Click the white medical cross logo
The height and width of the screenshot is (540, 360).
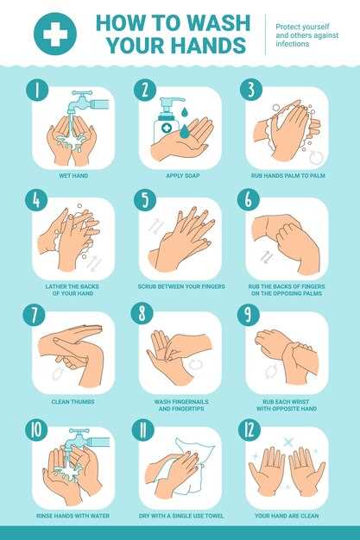click(55, 34)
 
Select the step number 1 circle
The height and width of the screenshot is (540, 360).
click(37, 90)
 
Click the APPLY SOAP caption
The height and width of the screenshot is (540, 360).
click(183, 176)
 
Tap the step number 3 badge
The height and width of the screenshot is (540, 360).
click(251, 89)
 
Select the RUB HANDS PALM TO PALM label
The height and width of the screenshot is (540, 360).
click(288, 176)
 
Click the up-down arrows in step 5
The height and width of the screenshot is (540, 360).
click(155, 226)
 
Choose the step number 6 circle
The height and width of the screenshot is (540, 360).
click(249, 199)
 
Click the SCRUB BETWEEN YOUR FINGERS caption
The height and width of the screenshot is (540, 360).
click(181, 286)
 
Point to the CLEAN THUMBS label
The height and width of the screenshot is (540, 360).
click(73, 402)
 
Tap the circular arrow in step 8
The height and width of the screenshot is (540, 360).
click(195, 364)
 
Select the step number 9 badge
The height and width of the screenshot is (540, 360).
click(249, 314)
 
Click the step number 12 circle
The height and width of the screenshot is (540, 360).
click(249, 429)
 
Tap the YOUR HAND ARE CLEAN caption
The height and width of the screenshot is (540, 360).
click(287, 516)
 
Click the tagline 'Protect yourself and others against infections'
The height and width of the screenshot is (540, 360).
click(306, 35)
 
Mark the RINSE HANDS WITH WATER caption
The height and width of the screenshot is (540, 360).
click(73, 516)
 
